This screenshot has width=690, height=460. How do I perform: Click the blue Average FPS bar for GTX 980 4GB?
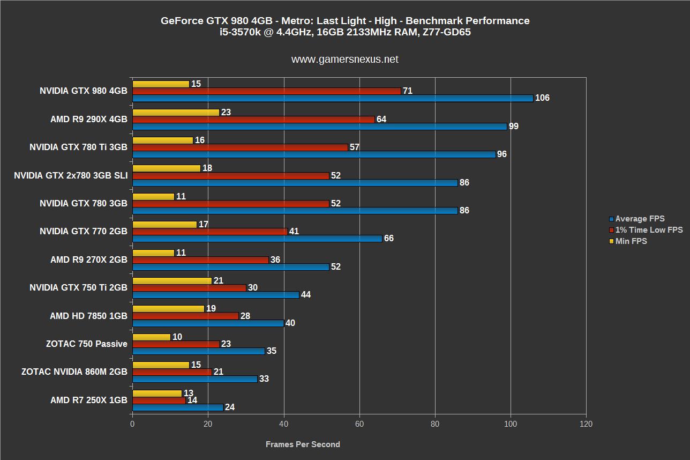(x=332, y=98)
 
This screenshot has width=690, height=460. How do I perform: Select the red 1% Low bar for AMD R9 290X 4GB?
(x=253, y=119)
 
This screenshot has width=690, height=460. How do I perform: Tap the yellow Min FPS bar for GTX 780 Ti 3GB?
(x=162, y=140)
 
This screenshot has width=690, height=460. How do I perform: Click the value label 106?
(x=542, y=98)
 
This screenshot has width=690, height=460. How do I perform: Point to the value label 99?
(x=513, y=127)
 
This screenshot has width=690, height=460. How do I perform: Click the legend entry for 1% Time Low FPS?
(x=649, y=230)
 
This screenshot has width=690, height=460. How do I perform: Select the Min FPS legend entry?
(x=631, y=241)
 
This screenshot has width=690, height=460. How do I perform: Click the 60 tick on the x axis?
(x=359, y=424)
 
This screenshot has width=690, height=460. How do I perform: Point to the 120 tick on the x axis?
(x=586, y=424)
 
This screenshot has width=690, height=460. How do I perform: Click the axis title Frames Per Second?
(x=303, y=444)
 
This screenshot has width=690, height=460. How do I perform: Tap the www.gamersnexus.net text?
(x=344, y=60)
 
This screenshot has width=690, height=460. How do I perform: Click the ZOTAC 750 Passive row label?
(x=87, y=344)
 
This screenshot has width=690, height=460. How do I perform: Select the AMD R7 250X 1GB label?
(x=89, y=400)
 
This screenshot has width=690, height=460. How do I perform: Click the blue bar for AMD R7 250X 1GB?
(x=177, y=407)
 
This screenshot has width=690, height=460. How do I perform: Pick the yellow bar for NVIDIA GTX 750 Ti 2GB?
(x=171, y=280)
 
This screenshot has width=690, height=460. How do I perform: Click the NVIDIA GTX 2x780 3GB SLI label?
(x=71, y=175)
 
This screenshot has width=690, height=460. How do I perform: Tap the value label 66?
(x=388, y=239)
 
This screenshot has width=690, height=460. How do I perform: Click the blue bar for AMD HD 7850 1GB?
(x=207, y=323)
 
